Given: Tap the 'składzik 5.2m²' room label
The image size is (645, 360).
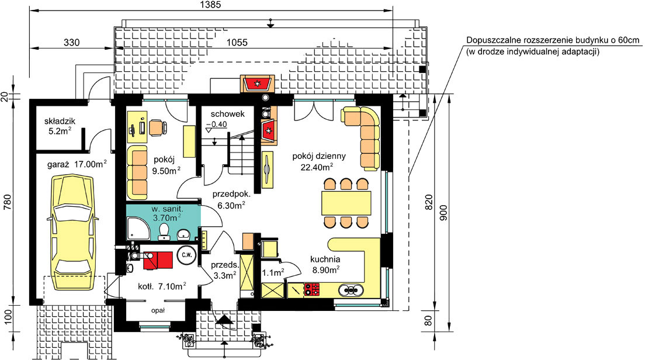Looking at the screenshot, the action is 59,126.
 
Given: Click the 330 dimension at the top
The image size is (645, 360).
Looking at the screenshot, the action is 72,43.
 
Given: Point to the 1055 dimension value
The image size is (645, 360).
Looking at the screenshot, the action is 237,43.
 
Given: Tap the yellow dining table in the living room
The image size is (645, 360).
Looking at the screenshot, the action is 346,203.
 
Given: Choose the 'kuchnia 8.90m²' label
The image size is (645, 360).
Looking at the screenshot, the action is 325,264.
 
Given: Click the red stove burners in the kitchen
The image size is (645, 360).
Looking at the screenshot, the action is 312,289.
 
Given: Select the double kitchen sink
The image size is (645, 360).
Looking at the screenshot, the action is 351,290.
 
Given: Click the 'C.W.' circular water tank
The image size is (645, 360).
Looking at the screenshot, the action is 186,255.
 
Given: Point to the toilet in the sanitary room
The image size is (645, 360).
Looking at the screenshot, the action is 164,232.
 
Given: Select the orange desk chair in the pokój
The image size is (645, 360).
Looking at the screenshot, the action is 158,127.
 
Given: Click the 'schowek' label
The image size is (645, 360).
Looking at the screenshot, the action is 227,114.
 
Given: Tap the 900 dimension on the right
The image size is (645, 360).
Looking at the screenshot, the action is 443,213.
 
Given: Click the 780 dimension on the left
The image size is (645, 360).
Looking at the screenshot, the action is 7,202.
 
